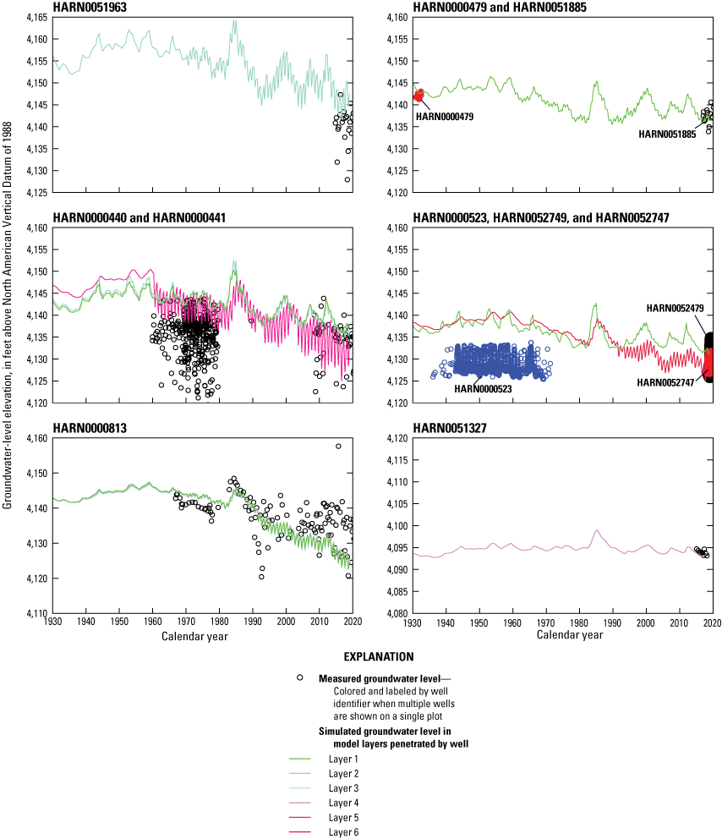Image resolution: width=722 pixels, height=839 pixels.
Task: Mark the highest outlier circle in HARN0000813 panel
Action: coord(338,447)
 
